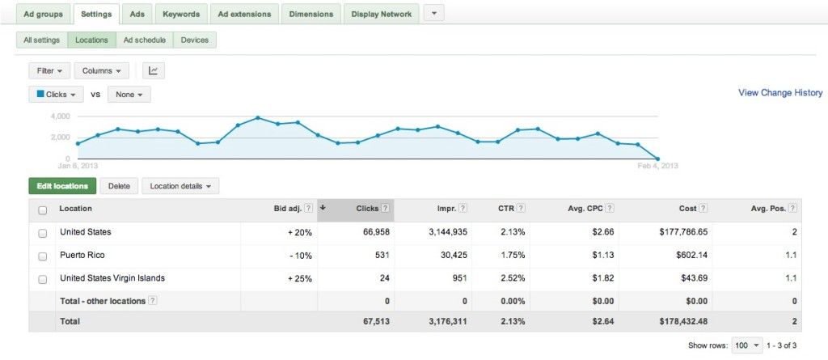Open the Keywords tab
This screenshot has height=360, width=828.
pos(181,14)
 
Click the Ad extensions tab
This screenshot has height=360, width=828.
pos(245,14)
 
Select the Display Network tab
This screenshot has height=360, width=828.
pos(382,14)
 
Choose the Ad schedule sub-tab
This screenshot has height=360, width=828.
pos(145,40)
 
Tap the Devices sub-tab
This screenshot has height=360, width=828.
pos(195,40)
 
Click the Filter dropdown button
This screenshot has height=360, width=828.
pos(49,70)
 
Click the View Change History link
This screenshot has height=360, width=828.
pos(780,93)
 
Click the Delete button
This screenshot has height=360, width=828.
pos(119,186)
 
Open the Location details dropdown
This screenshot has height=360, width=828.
pos(180,186)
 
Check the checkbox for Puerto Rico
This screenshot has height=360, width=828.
pos(42,256)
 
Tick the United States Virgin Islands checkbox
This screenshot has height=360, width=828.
pos(42,279)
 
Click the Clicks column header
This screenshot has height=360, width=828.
pos(367,209)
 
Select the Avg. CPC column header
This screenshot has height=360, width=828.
pos(585,209)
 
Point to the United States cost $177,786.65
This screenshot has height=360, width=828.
pos(683,232)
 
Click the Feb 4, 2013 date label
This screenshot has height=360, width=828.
pos(658,166)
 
